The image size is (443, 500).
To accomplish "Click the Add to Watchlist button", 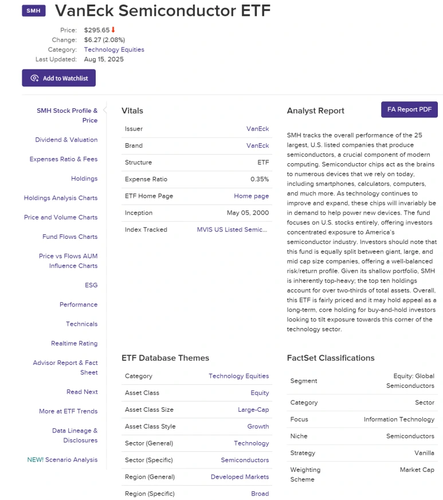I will coord(58,78).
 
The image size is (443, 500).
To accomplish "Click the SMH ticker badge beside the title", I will coord(34,11).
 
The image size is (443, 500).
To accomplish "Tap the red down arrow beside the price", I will coord(113,30).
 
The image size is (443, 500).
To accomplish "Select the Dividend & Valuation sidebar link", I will coord(66,140).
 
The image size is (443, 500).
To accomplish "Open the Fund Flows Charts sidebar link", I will coord(70,237).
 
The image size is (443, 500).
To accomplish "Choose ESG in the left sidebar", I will coord(91,285).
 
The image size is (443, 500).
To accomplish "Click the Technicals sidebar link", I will coord(81,324).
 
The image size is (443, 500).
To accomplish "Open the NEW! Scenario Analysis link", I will coord(62,460).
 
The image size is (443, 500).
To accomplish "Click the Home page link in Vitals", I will coord(251,196).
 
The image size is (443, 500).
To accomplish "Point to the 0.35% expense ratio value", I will coord(260,179).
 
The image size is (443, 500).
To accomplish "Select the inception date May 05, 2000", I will coord(248,213).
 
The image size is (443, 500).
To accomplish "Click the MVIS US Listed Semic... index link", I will coord(233,230).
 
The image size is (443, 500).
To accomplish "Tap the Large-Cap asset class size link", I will coord(253,410).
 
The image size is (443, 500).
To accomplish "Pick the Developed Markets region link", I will coord(240,477).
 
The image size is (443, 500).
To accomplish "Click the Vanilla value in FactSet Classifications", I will coord(424,453).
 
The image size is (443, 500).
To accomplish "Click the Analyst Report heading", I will coord(316,111).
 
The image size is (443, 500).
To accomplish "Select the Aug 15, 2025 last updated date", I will coord(104,59).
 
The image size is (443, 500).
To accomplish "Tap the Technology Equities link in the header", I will coord(114,50).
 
